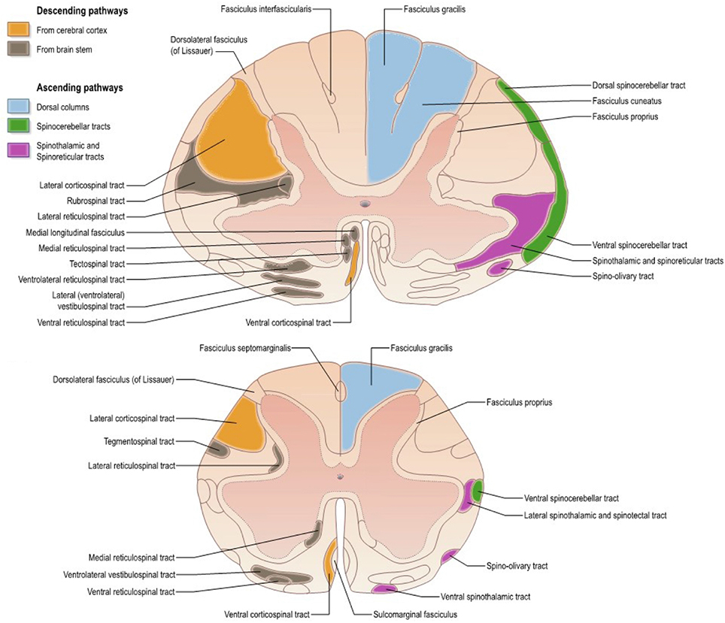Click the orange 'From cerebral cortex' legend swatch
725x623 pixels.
point(19,29)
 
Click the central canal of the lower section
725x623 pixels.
point(340,476)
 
